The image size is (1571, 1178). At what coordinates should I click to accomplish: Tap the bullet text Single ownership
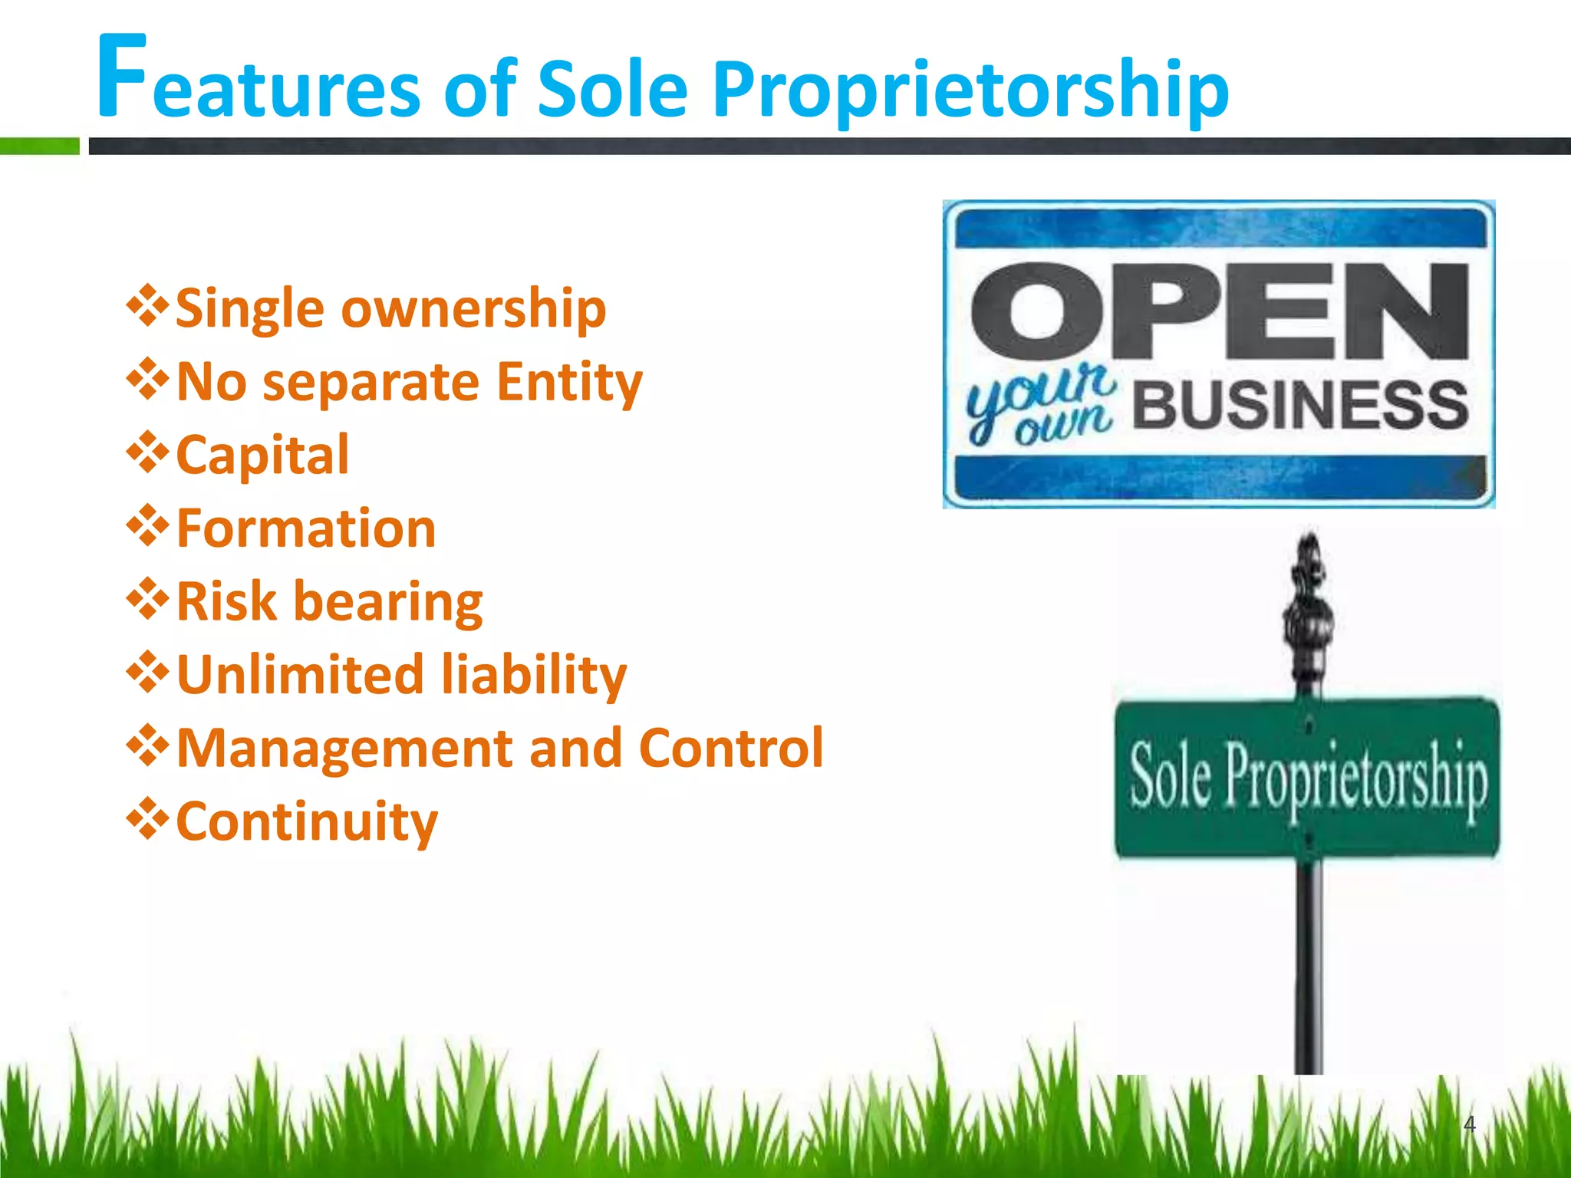(x=390, y=308)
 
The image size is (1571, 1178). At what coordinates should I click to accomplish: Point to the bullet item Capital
(x=262, y=455)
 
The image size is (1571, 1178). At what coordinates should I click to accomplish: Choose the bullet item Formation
(x=306, y=528)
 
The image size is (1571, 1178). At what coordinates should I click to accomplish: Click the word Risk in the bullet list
(x=226, y=601)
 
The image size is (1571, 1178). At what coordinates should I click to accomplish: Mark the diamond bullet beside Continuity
(x=147, y=819)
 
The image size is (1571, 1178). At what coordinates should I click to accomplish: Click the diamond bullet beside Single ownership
(x=147, y=306)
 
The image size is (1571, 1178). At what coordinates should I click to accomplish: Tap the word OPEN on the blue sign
(x=1219, y=311)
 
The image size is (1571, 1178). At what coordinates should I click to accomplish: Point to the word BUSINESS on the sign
(x=1299, y=404)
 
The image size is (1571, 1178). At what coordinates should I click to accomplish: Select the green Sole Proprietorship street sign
(x=1306, y=778)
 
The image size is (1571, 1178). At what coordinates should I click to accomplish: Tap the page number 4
(x=1469, y=1124)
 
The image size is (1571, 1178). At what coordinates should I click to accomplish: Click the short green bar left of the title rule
(x=39, y=146)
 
